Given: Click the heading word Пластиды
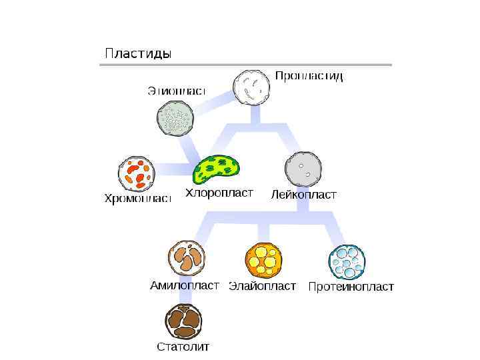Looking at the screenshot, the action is [x=137, y=53].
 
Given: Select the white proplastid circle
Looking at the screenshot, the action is [x=252, y=87].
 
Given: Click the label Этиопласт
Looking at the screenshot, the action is [x=176, y=91].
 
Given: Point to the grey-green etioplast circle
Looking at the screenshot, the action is [x=175, y=119].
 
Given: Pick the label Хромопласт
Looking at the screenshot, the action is [x=138, y=199].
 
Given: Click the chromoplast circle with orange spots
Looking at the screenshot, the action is [x=137, y=173].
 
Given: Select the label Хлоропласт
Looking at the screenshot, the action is [x=219, y=193].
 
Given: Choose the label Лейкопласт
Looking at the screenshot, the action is [x=303, y=195].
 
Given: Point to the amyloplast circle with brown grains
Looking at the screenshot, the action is [x=187, y=258].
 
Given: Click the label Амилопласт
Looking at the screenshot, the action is [x=185, y=285].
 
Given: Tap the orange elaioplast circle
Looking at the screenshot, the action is [x=263, y=259].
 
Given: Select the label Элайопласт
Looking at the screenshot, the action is [x=263, y=287].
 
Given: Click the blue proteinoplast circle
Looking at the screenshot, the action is [x=347, y=261].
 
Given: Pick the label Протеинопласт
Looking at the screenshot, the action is [x=351, y=287].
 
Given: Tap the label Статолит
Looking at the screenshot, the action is [x=183, y=347].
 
